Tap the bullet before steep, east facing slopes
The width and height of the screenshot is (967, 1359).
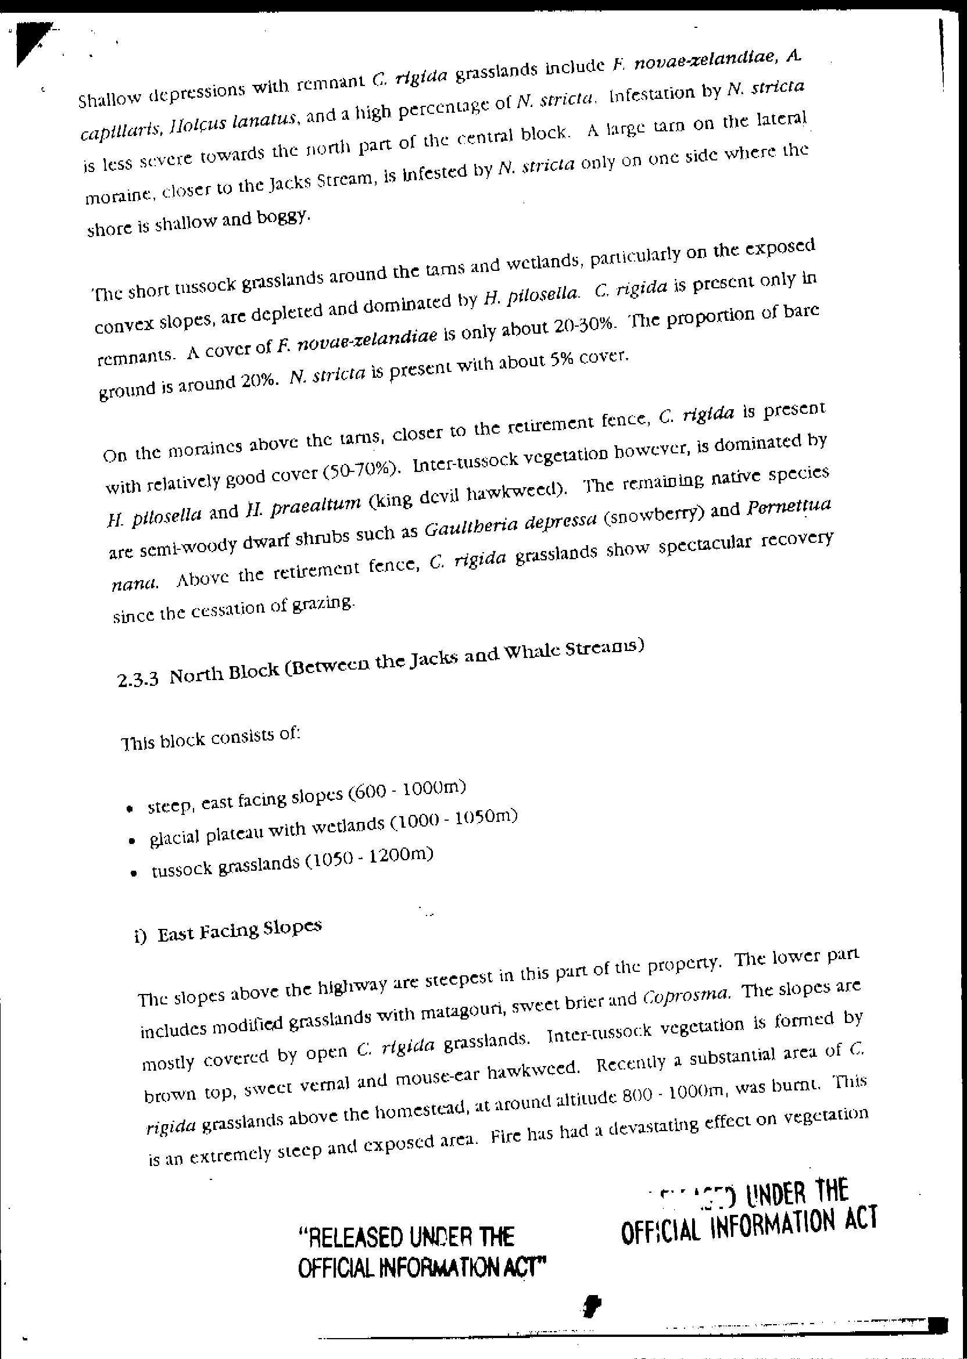128,810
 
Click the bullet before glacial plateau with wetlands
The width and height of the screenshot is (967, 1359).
132,842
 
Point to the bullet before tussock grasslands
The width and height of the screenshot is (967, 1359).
135,874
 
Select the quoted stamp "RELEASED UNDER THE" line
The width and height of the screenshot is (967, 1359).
406,1238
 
